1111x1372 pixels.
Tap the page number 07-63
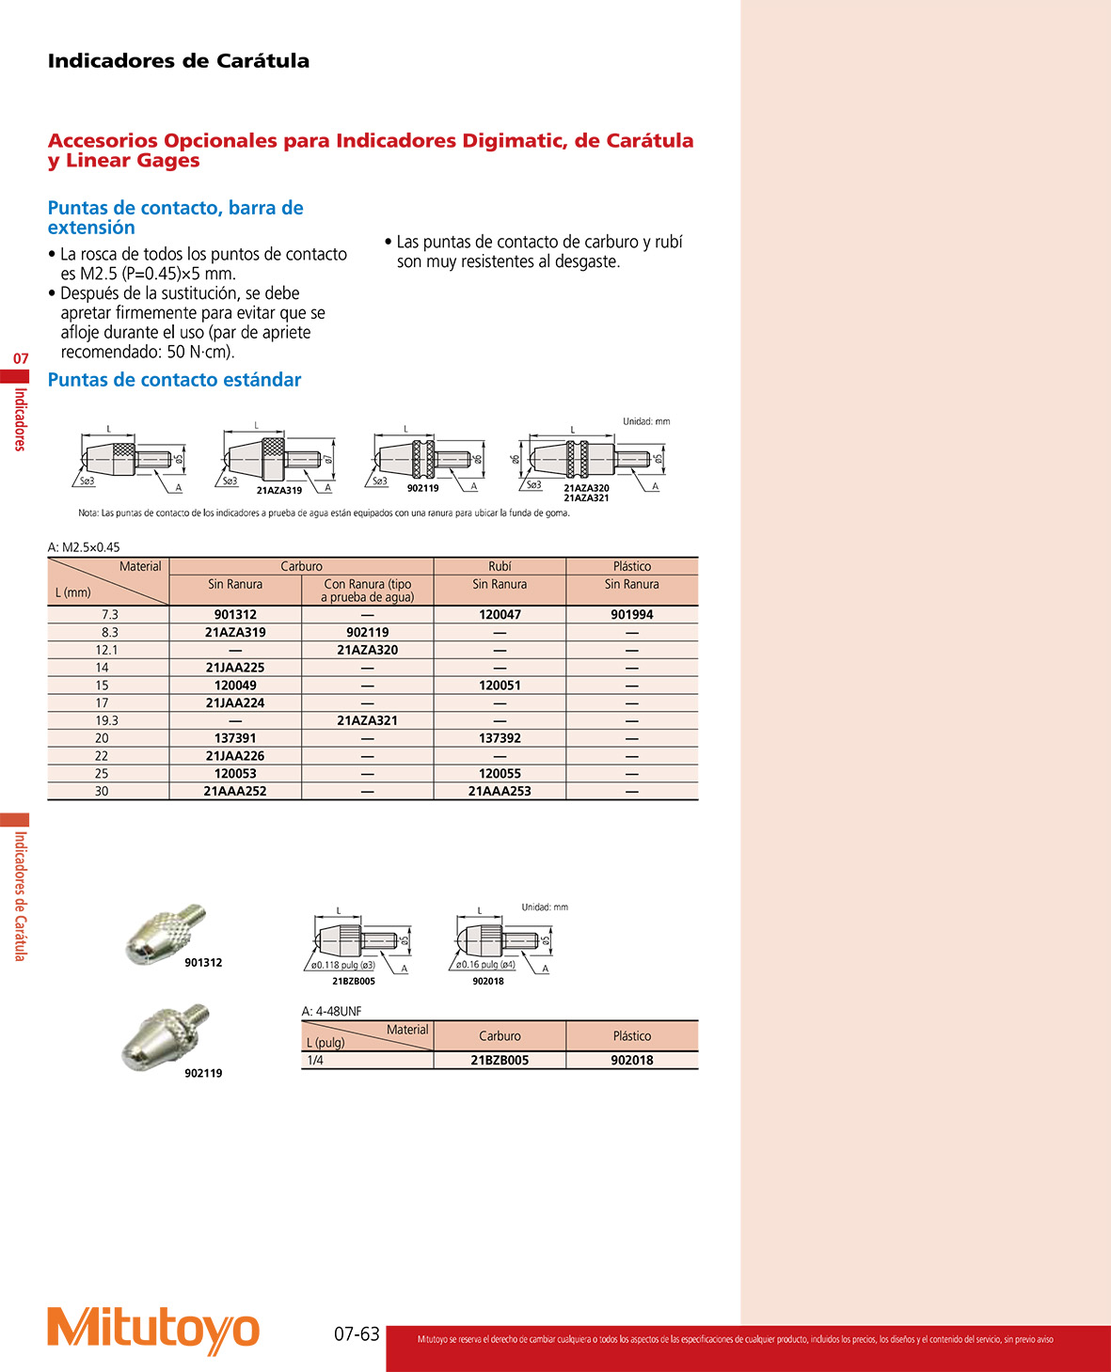tap(357, 1333)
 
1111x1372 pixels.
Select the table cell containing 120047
tap(500, 614)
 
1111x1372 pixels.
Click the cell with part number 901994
tap(631, 614)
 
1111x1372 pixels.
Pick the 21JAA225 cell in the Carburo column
tap(235, 668)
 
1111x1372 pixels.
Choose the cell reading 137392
tap(500, 738)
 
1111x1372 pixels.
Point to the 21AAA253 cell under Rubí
tap(500, 791)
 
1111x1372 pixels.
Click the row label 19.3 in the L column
tap(107, 720)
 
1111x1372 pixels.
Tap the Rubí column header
tap(500, 566)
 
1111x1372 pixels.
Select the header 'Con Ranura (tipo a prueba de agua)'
tap(367, 591)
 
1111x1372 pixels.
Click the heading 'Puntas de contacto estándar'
tap(174, 380)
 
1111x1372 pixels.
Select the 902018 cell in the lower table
tap(631, 1060)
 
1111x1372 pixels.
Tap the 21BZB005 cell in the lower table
tap(500, 1060)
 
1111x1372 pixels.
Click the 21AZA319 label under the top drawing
tap(279, 490)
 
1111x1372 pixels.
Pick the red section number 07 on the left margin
tap(21, 358)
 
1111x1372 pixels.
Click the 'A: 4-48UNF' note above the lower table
tap(331, 1011)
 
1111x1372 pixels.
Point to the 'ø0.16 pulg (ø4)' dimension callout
tap(485, 965)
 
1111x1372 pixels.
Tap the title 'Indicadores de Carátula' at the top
tap(178, 61)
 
